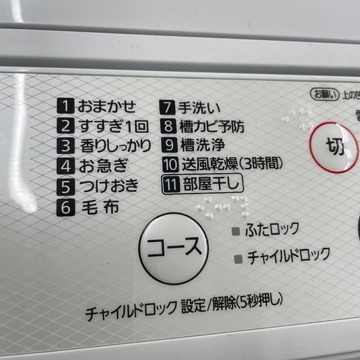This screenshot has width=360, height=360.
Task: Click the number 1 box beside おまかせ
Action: pyautogui.click(x=65, y=108)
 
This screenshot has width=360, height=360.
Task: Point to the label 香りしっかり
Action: pyautogui.click(x=113, y=147)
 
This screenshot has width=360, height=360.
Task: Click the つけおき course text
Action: pyautogui.click(x=108, y=186)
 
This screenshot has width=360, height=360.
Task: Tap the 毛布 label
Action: pyautogui.click(x=98, y=207)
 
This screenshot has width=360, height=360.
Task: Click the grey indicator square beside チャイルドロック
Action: pyautogui.click(x=238, y=258)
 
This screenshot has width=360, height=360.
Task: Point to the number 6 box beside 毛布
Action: pyautogui.click(x=65, y=207)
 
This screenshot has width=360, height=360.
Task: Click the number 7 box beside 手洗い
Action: pyautogui.click(x=168, y=108)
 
